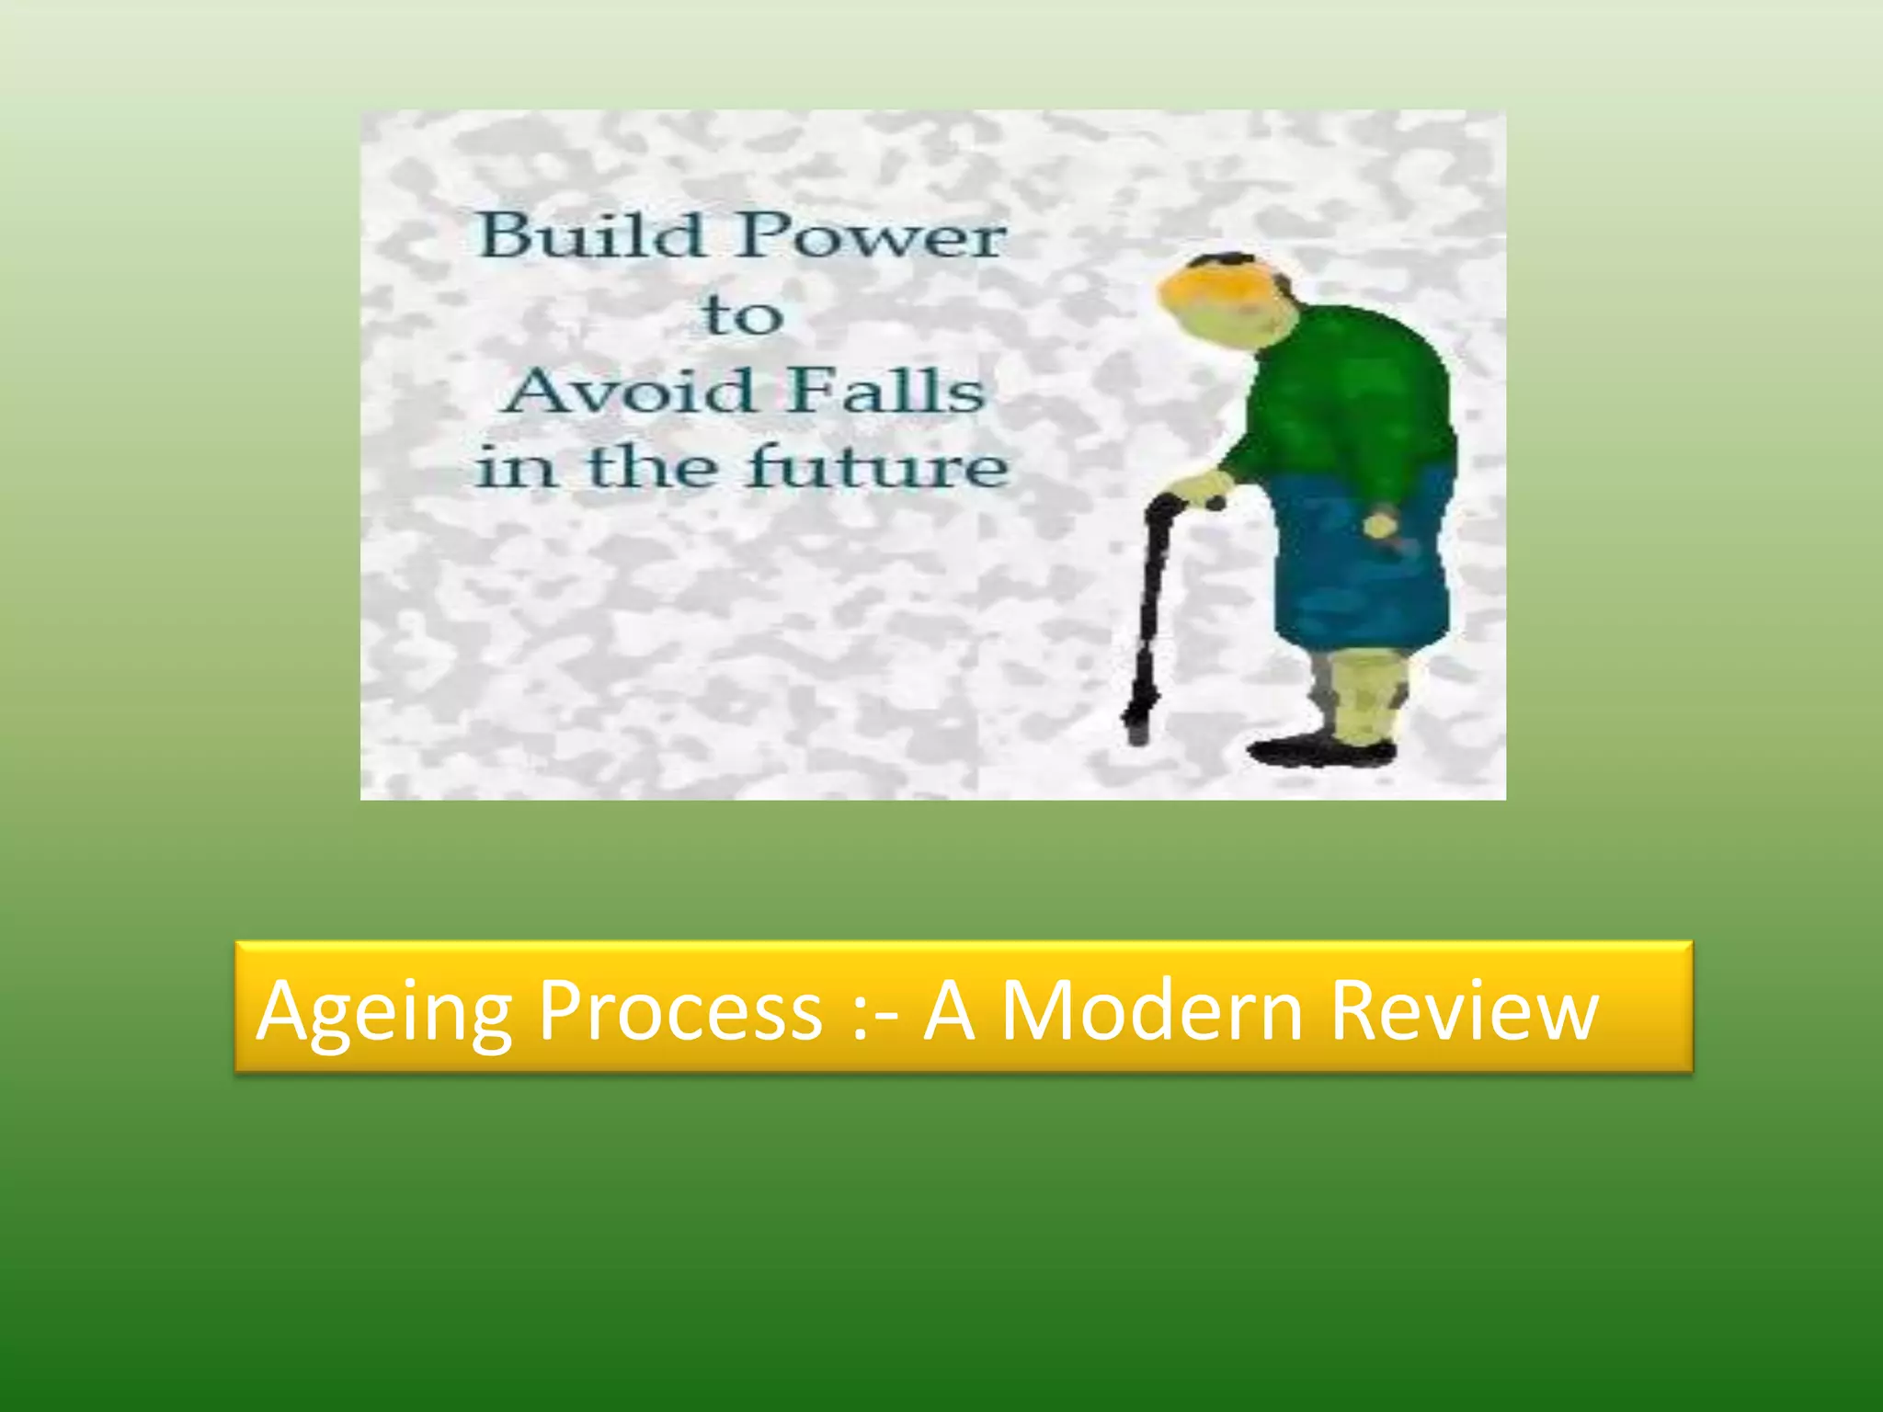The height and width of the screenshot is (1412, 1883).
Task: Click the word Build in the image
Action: tap(590, 235)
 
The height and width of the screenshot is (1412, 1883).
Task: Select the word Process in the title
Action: tap(680, 1009)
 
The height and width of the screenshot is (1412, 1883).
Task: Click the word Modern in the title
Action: tap(1153, 1009)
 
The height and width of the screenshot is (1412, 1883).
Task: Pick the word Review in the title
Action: tap(1464, 1009)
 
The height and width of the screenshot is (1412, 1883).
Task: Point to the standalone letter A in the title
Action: tap(949, 1009)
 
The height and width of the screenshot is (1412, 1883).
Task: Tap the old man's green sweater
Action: tap(1352, 395)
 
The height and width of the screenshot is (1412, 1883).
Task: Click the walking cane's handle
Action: tap(1186, 502)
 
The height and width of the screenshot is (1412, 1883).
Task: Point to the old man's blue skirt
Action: tap(1361, 570)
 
